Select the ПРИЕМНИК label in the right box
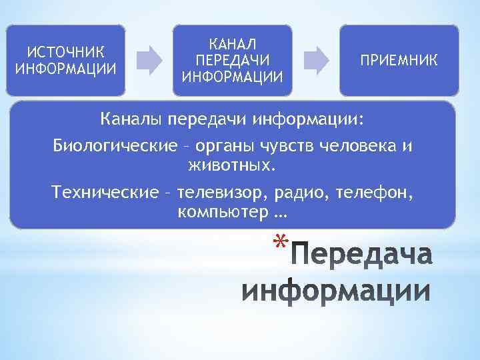coord(399,61)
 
